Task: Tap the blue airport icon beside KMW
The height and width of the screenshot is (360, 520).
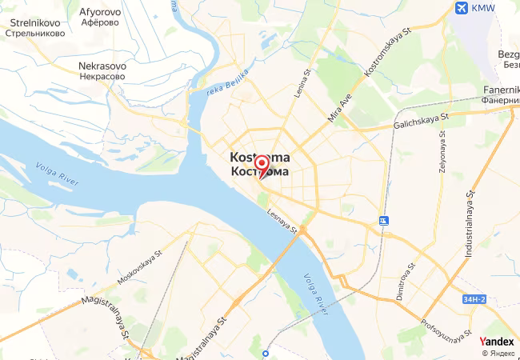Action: click(x=461, y=8)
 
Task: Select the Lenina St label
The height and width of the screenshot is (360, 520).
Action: click(x=302, y=84)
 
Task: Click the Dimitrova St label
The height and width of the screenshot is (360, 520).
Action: click(x=406, y=281)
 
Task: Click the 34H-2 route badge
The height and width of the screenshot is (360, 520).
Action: click(x=474, y=299)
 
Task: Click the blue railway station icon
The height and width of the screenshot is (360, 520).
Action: click(x=384, y=220)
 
